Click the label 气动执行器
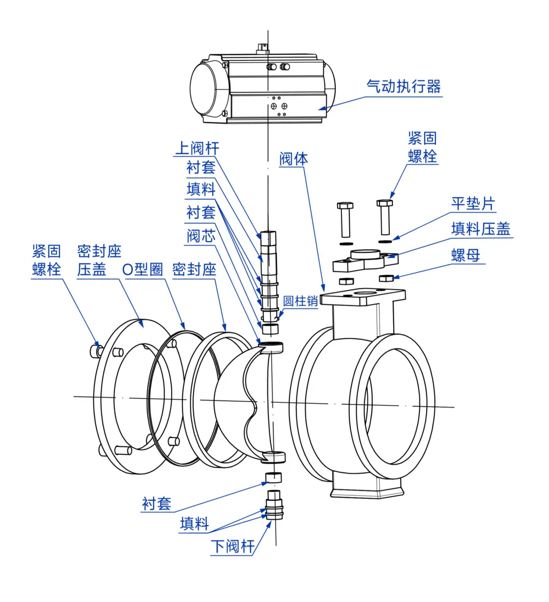coord(404,86)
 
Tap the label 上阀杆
coord(197,148)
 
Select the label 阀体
coord(294,159)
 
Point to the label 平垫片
coord(473,204)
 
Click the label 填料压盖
coord(481,228)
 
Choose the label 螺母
coord(466,255)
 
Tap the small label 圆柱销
coord(301,302)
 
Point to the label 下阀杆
coord(233,547)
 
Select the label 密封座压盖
coord(99,261)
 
